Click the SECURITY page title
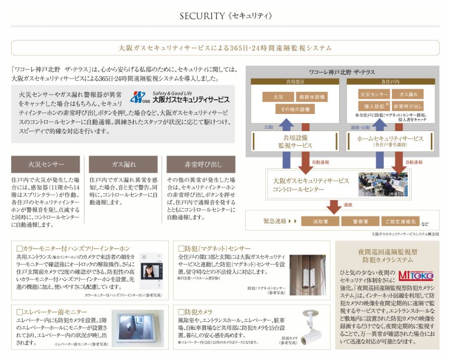tap(226, 16)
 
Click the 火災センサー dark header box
tap(45, 164)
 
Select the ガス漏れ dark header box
tap(123, 164)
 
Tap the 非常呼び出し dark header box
tap(200, 164)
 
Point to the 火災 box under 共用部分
tap(278, 96)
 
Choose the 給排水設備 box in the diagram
tap(312, 96)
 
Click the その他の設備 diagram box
tap(295, 109)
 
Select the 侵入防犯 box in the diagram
tap(372, 106)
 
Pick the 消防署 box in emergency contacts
tap(320, 221)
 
